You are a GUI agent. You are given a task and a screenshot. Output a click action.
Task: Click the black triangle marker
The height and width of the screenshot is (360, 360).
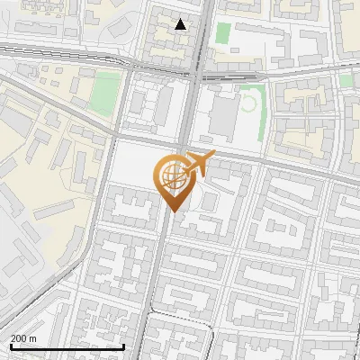tap(181, 24)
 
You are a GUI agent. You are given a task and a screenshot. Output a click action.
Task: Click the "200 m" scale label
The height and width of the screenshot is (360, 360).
tap(24, 337)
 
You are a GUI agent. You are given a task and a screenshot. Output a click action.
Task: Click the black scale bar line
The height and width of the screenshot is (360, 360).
tap(67, 346)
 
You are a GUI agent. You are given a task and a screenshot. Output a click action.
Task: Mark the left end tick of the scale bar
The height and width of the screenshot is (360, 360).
tap(11, 345)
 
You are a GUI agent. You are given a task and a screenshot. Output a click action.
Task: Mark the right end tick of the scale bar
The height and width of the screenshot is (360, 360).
tap(123, 345)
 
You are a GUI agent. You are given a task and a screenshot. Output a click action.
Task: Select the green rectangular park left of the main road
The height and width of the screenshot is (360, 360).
tap(105, 90)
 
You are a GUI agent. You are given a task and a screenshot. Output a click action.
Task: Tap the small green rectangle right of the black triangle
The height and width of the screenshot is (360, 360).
tap(222, 34)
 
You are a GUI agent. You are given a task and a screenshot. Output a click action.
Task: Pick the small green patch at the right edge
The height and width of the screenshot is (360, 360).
tap(346, 81)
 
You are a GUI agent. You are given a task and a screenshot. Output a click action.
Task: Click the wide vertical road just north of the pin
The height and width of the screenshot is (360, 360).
tap(191, 108)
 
